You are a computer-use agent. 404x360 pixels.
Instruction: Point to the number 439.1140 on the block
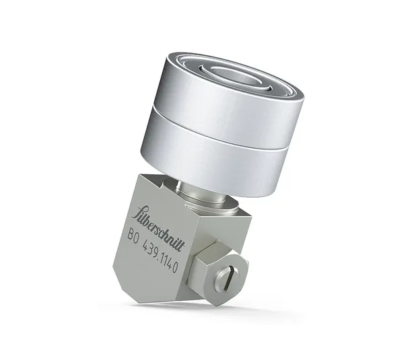pyautogui.click(x=161, y=256)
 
